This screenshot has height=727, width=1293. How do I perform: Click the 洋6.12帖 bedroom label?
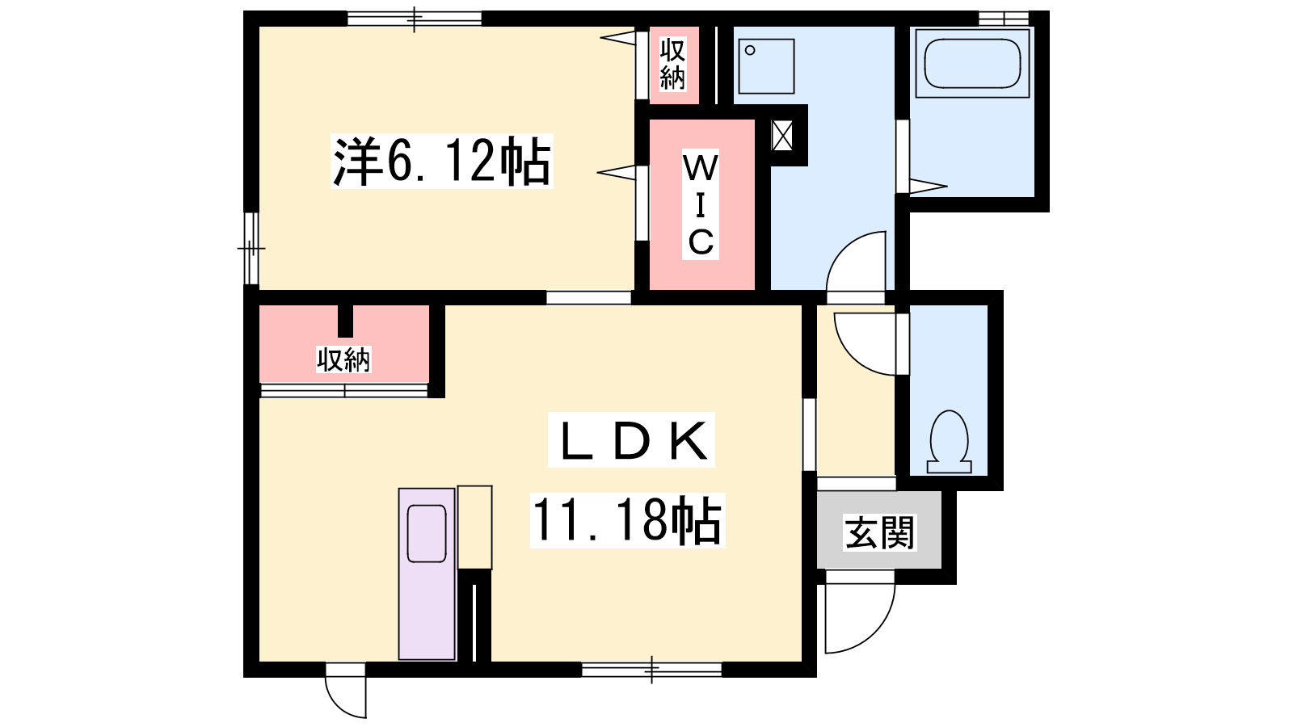[x=441, y=161]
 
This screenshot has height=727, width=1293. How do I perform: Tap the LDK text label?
[x=631, y=440]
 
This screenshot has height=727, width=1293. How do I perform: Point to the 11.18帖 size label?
[x=627, y=520]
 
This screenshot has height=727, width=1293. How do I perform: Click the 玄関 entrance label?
[x=880, y=532]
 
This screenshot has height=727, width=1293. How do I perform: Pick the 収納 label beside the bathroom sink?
[x=673, y=64]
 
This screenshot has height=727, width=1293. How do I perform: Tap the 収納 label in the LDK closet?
[x=343, y=359]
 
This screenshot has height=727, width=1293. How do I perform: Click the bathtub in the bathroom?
[x=973, y=64]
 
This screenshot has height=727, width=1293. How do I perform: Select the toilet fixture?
[x=949, y=442]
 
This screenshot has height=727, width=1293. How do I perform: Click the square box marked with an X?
[x=782, y=137]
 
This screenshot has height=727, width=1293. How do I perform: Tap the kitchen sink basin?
[x=427, y=533]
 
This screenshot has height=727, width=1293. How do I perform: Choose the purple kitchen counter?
[x=427, y=574]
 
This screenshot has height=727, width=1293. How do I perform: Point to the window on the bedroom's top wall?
[x=415, y=19]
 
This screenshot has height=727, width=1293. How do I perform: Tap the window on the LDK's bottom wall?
[x=651, y=670]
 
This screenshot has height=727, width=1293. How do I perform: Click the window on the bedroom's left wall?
[x=251, y=248]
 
